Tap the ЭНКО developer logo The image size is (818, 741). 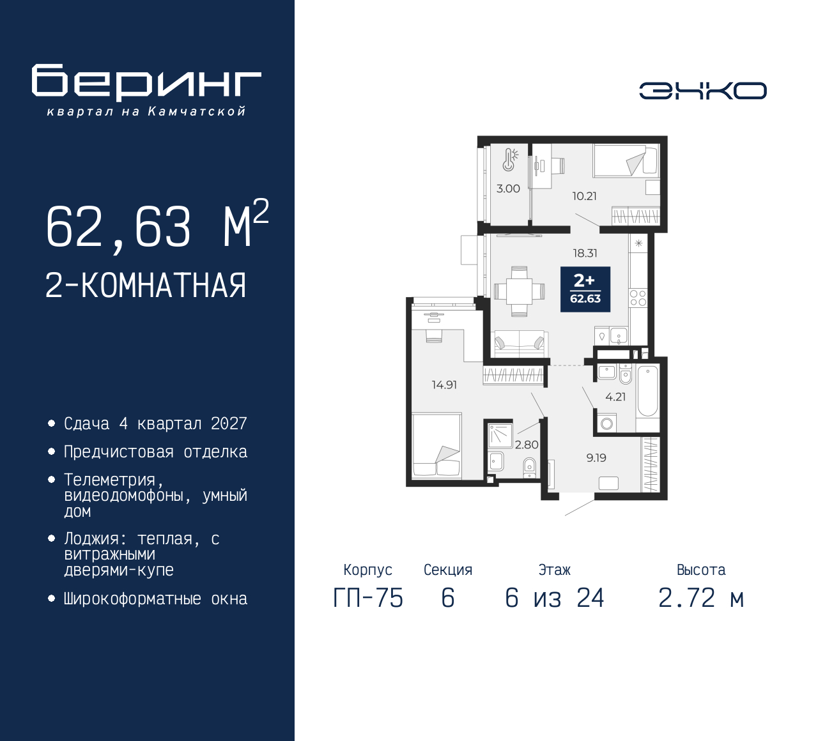tap(703, 91)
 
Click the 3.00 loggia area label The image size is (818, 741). tap(508, 188)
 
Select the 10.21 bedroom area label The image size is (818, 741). tap(584, 196)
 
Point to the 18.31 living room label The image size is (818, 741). tap(585, 253)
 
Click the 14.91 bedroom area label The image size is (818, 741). tap(445, 385)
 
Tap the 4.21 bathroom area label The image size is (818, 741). tap(615, 397)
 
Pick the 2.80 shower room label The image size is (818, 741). tap(527, 445)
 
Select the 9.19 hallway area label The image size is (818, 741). tap(596, 458)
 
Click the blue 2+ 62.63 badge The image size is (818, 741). tap(585, 289)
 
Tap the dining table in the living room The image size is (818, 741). tap(519, 291)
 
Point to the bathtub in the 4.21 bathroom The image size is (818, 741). tap(647, 391)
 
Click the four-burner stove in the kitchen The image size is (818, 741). tap(638, 298)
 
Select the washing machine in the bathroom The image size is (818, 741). tap(606, 424)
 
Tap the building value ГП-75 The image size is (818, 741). tap(368, 598)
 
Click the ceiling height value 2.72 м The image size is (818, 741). tap(702, 598)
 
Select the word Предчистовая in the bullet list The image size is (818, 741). tap(119, 452)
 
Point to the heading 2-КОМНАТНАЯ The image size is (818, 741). tap(146, 286)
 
